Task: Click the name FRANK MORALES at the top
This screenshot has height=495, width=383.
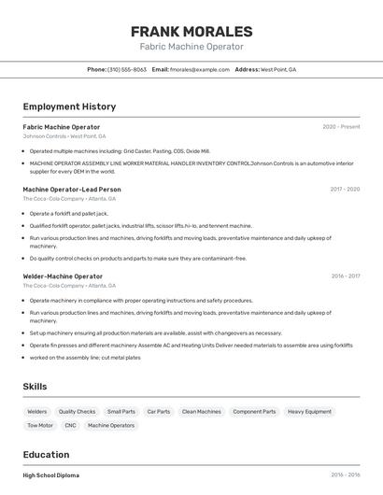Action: tap(191, 31)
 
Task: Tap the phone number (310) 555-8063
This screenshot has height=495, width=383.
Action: tap(127, 69)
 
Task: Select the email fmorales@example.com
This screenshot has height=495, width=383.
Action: tap(200, 69)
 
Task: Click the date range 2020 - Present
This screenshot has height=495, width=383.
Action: tap(341, 127)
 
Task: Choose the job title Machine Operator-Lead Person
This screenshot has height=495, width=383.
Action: tap(72, 189)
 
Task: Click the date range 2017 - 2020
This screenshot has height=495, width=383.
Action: tap(345, 189)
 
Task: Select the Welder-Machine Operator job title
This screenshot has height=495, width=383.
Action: tap(63, 276)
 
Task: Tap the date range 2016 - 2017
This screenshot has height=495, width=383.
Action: tap(346, 276)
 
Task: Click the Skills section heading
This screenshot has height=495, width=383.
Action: tap(35, 387)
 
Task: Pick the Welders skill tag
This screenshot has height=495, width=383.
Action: tap(37, 412)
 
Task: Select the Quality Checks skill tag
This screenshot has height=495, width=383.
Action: tap(77, 412)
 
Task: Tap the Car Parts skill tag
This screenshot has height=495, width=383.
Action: tap(158, 412)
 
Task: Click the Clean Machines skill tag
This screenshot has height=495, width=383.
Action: tap(201, 412)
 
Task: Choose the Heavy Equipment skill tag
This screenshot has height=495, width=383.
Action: tap(309, 412)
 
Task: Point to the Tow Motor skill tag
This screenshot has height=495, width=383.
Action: tap(40, 426)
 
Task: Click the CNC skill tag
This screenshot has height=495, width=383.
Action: tap(70, 426)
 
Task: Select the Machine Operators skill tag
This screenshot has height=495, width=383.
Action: tap(110, 426)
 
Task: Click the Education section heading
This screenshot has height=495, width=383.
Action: tap(46, 455)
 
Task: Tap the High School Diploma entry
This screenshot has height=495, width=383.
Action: tap(51, 475)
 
